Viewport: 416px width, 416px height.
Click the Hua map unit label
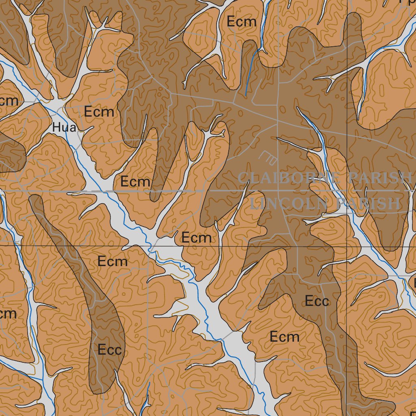point(64,128)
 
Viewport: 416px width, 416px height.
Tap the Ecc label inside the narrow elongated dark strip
point(110,349)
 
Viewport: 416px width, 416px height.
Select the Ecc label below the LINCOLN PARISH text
point(316,301)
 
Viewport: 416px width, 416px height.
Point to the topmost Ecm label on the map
point(242,22)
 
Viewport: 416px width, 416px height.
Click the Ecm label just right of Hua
point(99,111)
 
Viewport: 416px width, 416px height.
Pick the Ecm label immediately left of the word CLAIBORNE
point(135,182)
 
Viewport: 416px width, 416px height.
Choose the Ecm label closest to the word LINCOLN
point(196,238)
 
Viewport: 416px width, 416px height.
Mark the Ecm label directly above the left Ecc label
point(113,262)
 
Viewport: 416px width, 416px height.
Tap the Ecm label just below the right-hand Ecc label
point(285,337)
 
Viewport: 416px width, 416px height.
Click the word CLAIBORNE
point(289,178)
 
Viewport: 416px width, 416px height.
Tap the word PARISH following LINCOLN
point(369,203)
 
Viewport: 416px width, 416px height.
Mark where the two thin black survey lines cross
point(347,246)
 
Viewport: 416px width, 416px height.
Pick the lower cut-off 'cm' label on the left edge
point(8,313)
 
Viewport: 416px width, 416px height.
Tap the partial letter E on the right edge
point(414,282)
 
